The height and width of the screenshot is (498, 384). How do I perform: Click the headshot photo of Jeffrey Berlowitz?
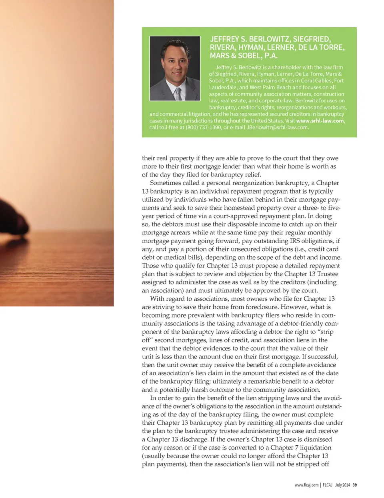pos(175,68)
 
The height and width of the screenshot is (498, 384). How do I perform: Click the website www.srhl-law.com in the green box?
pos(320,121)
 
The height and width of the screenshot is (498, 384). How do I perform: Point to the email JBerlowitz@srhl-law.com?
pos(277,128)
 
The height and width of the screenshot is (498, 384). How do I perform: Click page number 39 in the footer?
pos(354,485)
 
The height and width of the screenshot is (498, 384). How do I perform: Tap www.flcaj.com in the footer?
pos(306,485)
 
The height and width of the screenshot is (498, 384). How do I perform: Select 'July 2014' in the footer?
pos(342,485)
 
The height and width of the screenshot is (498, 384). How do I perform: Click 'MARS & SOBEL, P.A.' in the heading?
pos(244,56)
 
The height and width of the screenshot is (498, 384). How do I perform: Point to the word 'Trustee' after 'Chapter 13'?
pos(328,274)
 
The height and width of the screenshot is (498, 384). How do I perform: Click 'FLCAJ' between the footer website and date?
pos(327,485)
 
